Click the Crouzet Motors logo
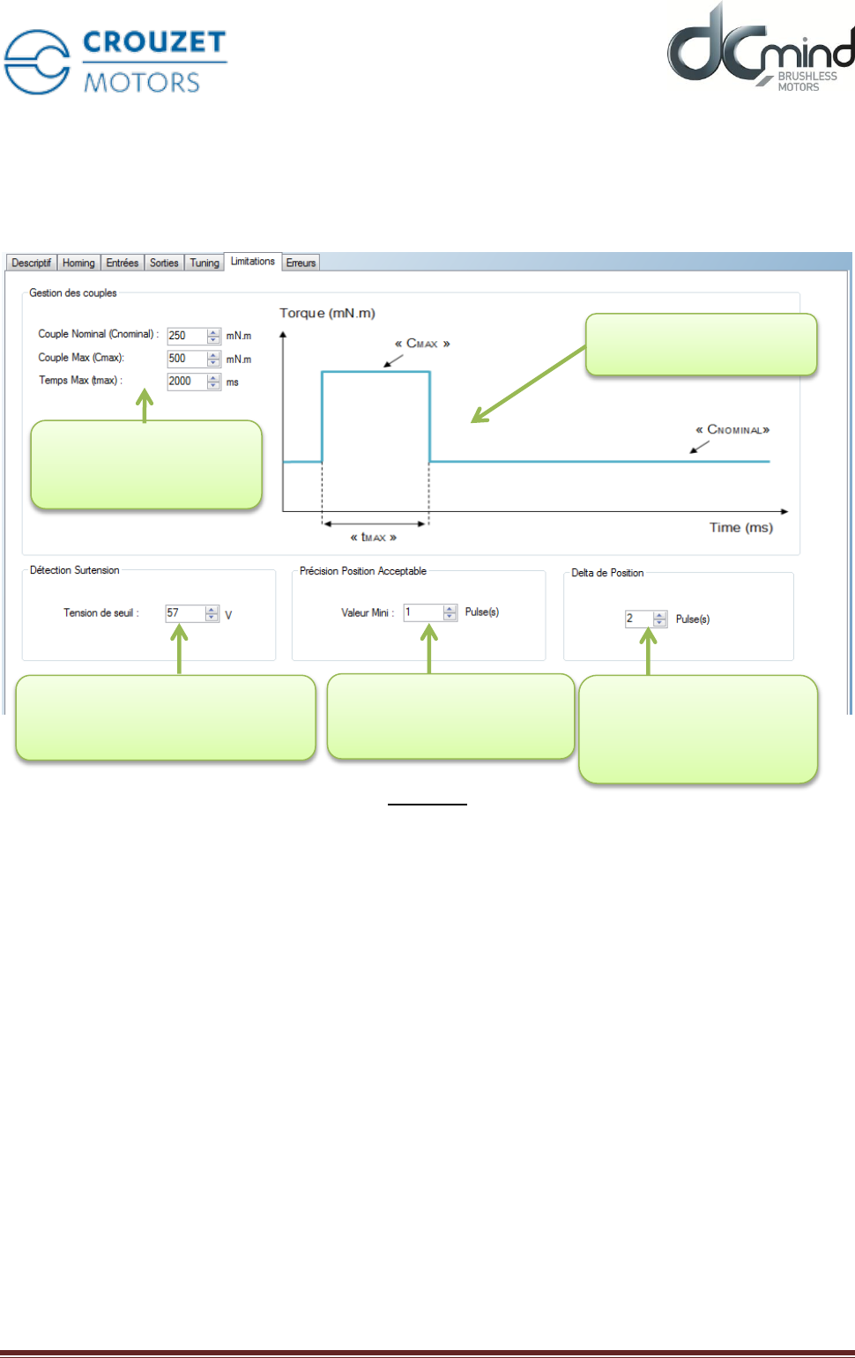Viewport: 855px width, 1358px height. [115, 62]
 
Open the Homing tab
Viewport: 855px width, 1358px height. [78, 263]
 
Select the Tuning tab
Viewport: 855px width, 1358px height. [204, 263]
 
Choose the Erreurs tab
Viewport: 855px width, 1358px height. [301, 263]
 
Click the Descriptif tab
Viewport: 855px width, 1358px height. [32, 263]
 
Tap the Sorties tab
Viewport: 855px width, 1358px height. [164, 263]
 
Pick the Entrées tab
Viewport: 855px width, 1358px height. [123, 263]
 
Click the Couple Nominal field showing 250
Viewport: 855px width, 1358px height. [187, 336]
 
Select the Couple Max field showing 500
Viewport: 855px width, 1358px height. [187, 359]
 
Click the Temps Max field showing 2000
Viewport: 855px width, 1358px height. [187, 382]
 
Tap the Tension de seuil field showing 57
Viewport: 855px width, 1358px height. [185, 613]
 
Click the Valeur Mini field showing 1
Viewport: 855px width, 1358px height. [423, 612]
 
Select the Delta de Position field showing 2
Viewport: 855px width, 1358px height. [639, 619]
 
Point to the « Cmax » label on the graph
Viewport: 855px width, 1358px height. [422, 344]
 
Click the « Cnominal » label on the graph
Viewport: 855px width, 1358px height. [732, 430]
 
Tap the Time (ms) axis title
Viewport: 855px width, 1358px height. [740, 528]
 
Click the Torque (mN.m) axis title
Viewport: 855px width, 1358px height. [327, 313]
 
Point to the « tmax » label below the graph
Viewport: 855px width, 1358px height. [374, 537]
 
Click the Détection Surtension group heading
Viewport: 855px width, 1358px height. [75, 570]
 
